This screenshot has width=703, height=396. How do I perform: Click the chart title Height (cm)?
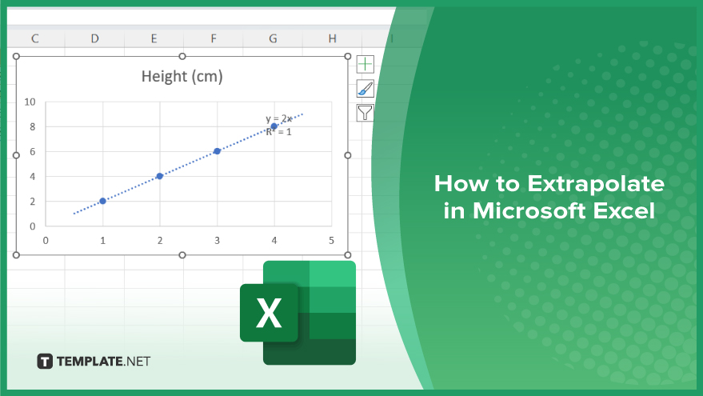click(182, 76)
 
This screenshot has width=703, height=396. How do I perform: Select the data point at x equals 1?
click(102, 201)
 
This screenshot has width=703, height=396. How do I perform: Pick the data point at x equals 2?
click(160, 176)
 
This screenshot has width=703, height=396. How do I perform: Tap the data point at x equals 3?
click(217, 151)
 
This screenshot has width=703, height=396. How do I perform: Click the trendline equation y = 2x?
click(278, 119)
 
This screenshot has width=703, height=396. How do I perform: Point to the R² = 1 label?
click(278, 132)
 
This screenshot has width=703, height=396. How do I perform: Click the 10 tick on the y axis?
click(30, 102)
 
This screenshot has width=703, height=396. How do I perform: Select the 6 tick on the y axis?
click(32, 151)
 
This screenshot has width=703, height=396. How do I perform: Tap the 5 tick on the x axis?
click(331, 240)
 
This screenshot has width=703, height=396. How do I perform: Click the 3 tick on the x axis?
click(217, 240)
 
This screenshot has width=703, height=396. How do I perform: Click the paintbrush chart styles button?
click(365, 88)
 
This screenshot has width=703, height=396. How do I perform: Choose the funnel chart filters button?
click(365, 113)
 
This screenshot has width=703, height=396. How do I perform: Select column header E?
click(154, 38)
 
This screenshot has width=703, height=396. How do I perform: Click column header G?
click(273, 38)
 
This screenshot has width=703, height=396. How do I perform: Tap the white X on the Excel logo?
click(269, 313)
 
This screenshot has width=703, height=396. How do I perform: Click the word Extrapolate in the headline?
click(595, 184)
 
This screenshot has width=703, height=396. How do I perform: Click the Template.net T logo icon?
click(45, 361)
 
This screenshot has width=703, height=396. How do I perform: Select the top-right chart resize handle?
click(348, 56)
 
